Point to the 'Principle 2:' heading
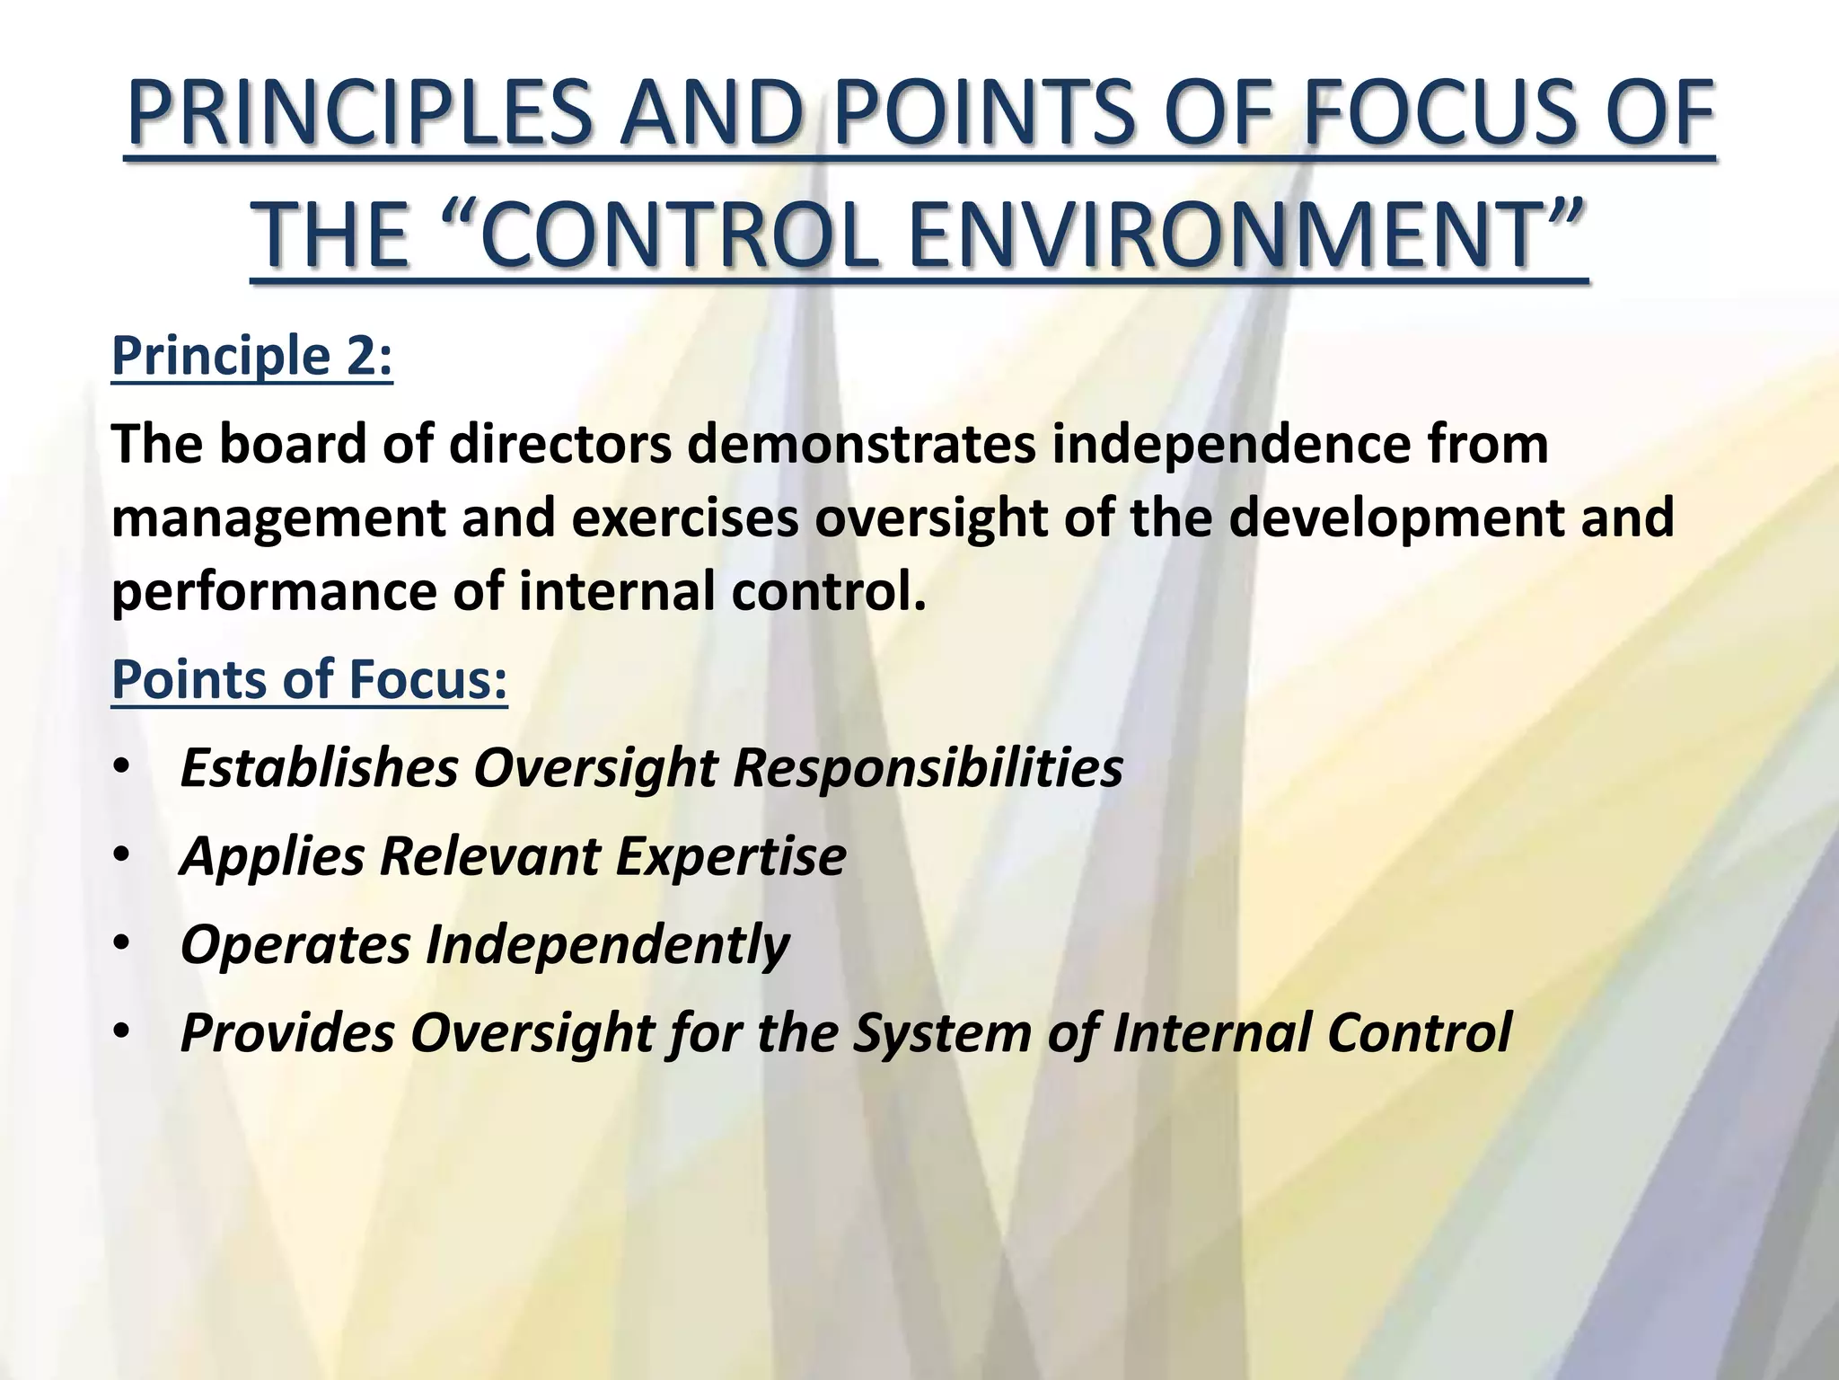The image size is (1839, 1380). pyautogui.click(x=251, y=357)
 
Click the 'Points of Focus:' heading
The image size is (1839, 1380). pyautogui.click(x=309, y=679)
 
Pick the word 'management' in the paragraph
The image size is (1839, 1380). pyautogui.click(x=278, y=519)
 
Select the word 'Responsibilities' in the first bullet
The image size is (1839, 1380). pyautogui.click(x=928, y=769)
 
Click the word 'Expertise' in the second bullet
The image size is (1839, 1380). pyautogui.click(x=730, y=857)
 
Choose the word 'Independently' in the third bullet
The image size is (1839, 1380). pyautogui.click(x=607, y=945)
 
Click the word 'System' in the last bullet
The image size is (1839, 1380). pyautogui.click(x=942, y=1033)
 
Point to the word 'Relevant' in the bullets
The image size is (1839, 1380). pyautogui.click(x=489, y=857)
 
